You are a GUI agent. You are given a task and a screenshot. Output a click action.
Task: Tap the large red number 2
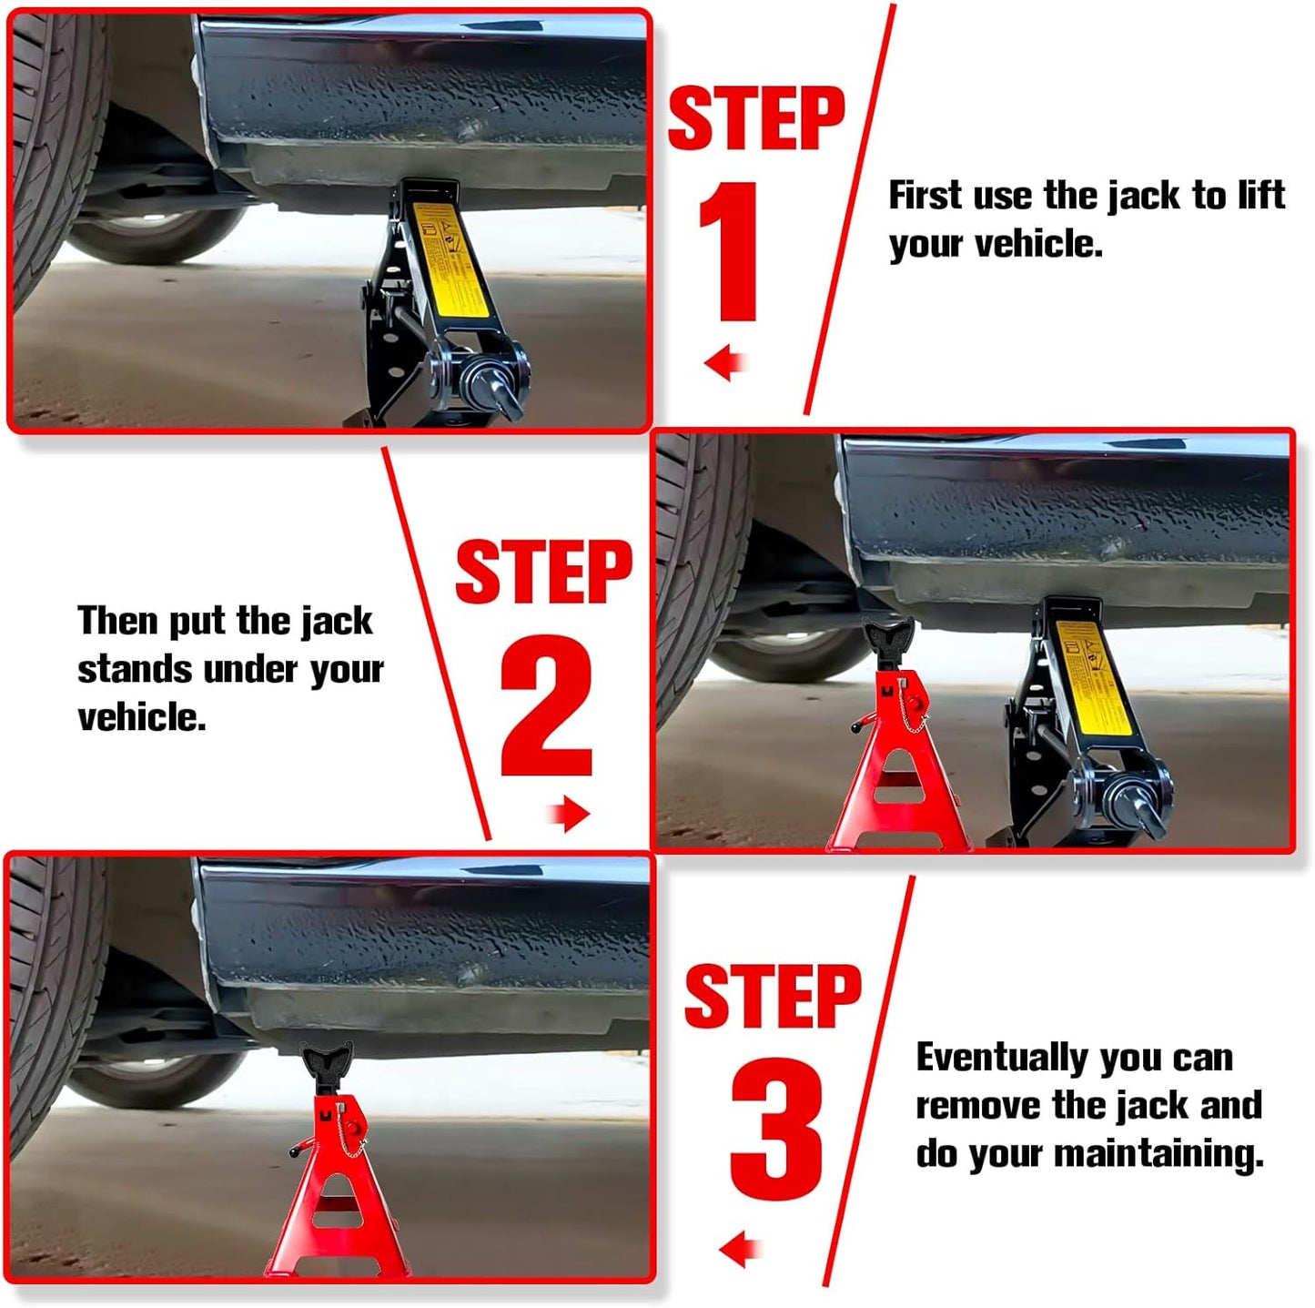click(546, 705)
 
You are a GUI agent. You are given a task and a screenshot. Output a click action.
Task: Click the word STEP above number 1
click(755, 118)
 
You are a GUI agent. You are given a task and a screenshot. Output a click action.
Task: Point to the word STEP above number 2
click(543, 572)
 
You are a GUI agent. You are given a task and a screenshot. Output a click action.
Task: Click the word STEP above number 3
click(772, 997)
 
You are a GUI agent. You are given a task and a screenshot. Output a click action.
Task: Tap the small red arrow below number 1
click(725, 363)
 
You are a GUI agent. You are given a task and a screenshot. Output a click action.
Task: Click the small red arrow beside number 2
click(571, 813)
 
